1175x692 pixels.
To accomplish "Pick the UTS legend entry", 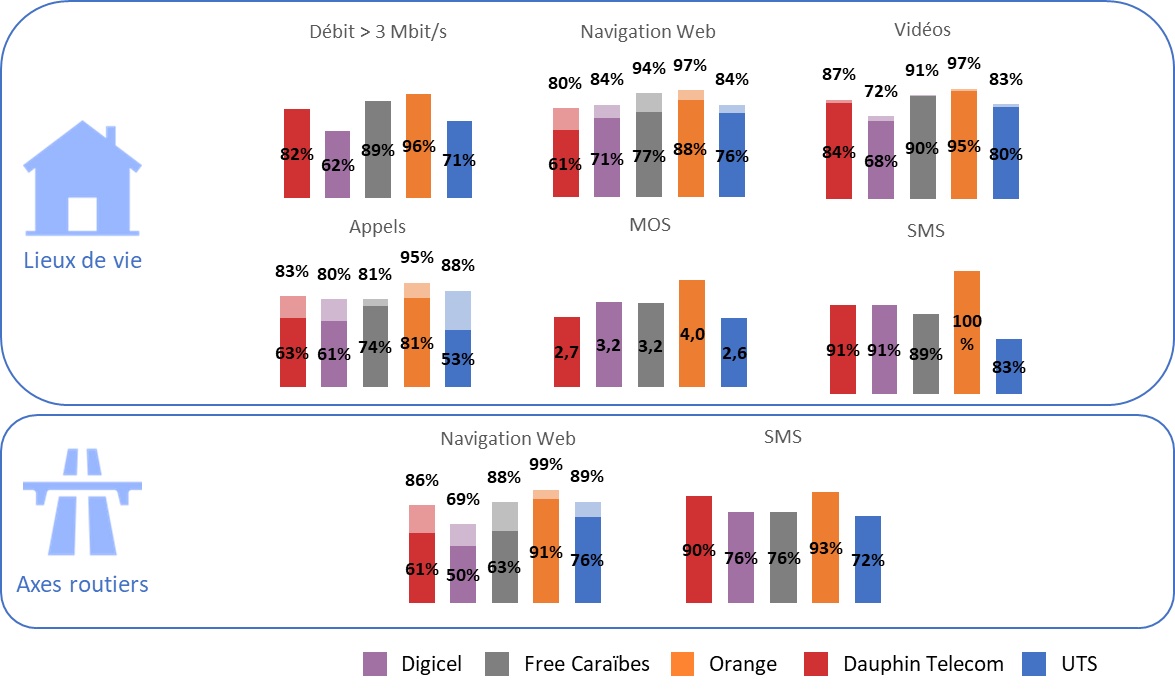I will coord(1061,663).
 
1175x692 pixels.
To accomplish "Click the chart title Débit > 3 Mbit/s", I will coord(378,32).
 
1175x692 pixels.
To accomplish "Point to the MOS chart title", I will coord(650,225).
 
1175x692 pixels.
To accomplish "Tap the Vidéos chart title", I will coord(922,30).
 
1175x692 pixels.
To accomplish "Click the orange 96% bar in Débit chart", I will coord(418,145).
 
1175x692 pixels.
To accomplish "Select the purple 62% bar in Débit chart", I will coord(337,164).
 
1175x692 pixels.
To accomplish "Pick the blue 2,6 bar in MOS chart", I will coord(734,352).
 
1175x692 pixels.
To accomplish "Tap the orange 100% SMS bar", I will coord(967,332).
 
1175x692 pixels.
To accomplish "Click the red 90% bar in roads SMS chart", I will coord(699,549).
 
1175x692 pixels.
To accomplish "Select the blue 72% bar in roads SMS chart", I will coord(868,559).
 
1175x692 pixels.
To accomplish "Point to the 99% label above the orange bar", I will coord(546,464).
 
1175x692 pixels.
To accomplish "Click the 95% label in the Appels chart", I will coord(416,257).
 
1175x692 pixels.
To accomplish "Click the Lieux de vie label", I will coord(83,261).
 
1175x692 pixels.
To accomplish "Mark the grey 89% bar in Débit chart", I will coord(378,149).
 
